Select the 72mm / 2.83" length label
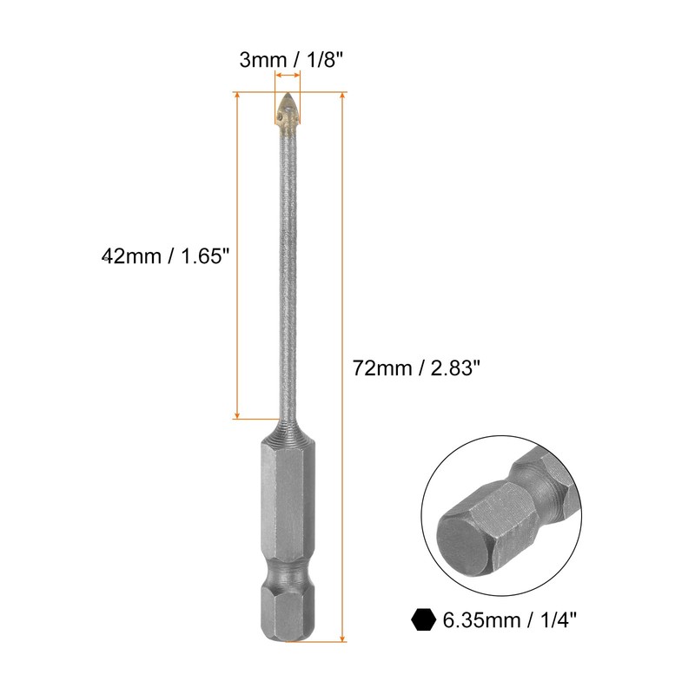pos(416,367)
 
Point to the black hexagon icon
pos(423,619)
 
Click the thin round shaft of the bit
pos(286,278)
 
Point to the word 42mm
pos(127,256)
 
